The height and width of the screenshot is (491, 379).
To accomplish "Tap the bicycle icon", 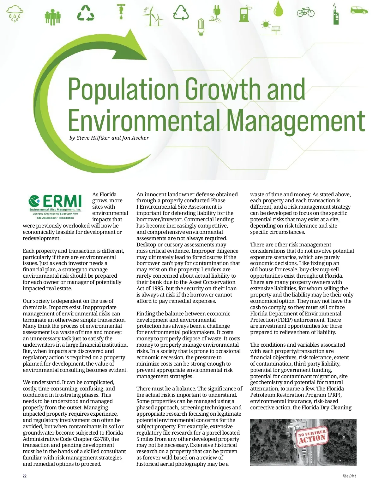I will pos(306,12).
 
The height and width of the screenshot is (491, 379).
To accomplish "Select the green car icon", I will pos(359,10).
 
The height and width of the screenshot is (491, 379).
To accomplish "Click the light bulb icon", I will pos(201,26).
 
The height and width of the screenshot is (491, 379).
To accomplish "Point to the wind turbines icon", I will pos(153,16).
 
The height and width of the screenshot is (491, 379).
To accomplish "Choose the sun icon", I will pos(266,25).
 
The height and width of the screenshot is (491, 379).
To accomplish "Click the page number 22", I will pos(25,476).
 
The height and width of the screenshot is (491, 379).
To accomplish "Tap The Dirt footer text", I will pos(349,476).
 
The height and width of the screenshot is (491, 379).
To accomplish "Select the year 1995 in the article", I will pos(156,288).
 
